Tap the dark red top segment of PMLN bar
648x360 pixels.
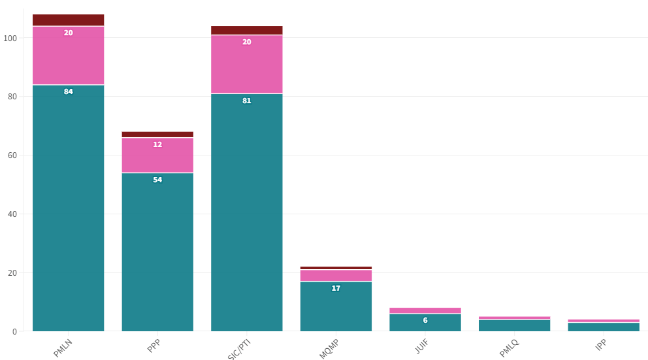(x=68, y=20)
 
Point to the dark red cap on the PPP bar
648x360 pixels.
(x=157, y=135)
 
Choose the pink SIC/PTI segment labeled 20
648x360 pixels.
(x=246, y=65)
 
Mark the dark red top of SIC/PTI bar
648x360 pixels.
(x=246, y=30)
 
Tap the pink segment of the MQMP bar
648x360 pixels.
(x=336, y=275)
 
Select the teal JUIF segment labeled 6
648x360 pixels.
(x=425, y=323)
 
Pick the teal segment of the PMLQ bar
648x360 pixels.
(x=514, y=325)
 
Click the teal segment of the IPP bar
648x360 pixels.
(x=604, y=327)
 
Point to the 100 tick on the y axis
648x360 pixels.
(x=9, y=38)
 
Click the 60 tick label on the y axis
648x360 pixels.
(x=11, y=155)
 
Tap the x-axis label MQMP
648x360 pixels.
(x=329, y=348)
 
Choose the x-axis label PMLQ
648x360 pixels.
(x=508, y=348)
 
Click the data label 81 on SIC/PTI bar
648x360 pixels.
(x=246, y=101)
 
